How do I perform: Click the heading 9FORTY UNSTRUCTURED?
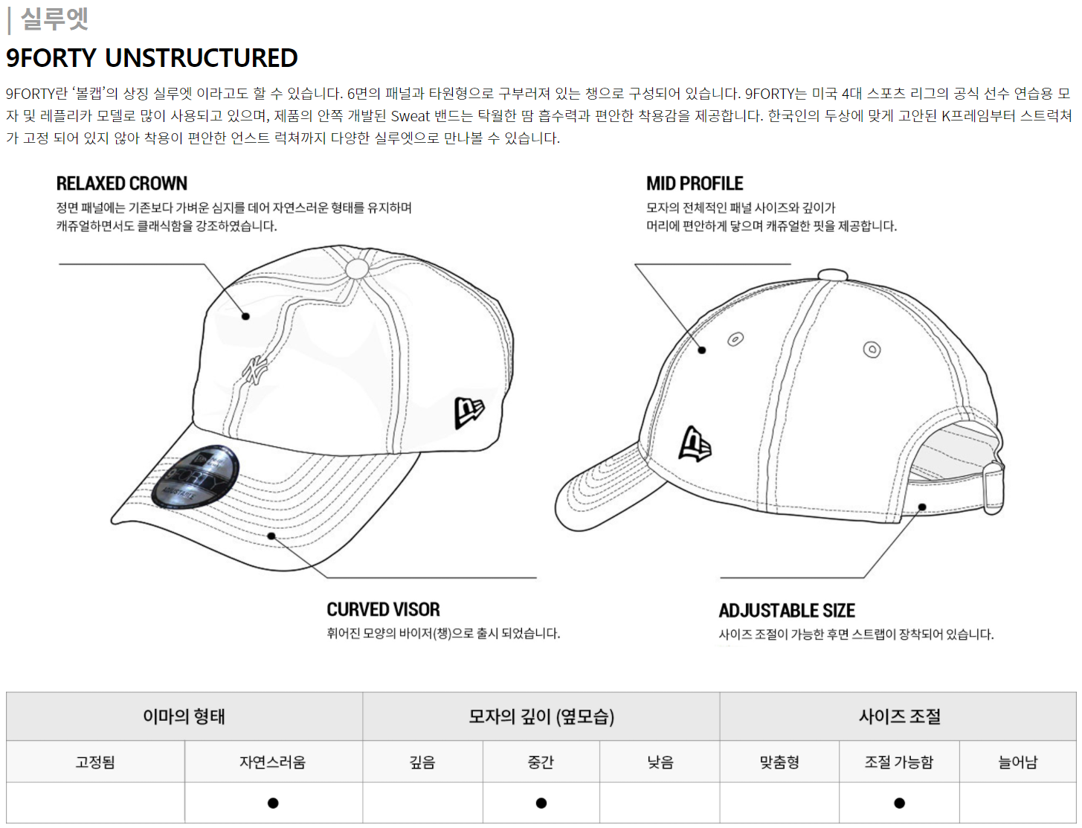(152, 58)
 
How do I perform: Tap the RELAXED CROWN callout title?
(122, 184)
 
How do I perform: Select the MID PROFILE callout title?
(695, 184)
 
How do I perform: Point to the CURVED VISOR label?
(383, 610)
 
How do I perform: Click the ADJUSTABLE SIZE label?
(787, 611)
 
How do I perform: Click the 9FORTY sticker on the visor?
(195, 477)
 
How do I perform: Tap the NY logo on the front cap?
(254, 370)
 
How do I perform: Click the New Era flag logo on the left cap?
(468, 412)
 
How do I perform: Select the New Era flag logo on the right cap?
(695, 444)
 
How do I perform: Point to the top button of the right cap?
(832, 275)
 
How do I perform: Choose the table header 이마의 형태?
(184, 716)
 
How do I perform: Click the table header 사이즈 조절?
(899, 716)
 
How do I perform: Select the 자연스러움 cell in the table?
(273, 763)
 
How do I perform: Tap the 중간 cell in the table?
(541, 763)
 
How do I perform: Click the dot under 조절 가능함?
(899, 803)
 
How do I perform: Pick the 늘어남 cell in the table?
(1017, 763)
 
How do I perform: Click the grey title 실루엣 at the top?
(54, 19)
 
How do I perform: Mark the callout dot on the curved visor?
(271, 536)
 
